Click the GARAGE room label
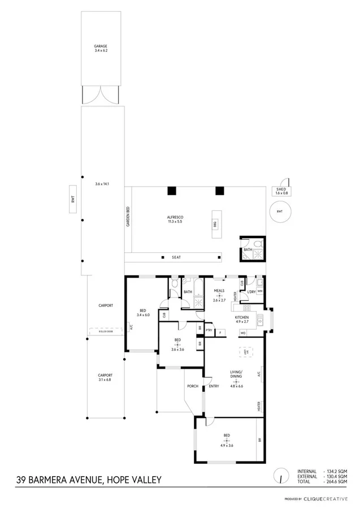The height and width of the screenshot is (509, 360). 101,49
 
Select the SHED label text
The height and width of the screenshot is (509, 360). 281,191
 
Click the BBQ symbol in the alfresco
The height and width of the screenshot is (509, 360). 215,222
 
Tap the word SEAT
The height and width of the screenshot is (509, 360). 176,257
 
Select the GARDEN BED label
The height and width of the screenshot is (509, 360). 128,217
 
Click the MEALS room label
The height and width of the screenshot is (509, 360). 219,294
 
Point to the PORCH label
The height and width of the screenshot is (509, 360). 192,387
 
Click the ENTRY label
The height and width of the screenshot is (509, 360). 214,387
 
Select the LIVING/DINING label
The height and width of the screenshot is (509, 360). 236,375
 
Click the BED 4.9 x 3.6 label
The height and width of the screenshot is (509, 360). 227,438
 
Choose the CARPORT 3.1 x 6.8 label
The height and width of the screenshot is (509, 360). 105,378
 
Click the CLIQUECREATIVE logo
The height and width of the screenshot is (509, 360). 327,499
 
